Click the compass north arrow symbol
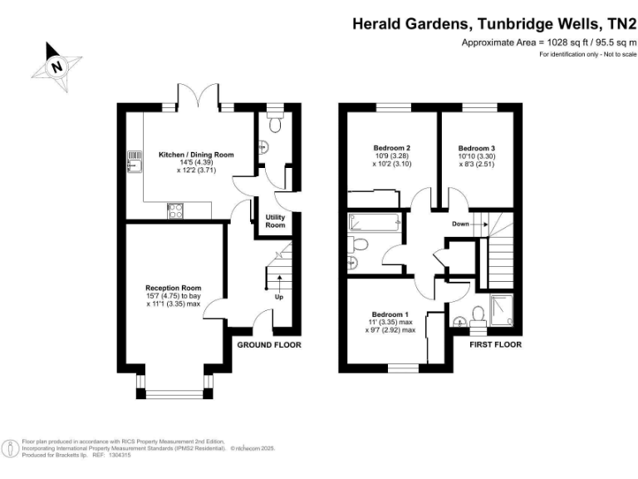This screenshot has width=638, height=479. coord(56,65)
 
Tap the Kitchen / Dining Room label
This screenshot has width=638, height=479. coord(196,155)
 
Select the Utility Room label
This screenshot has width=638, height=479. coord(275,221)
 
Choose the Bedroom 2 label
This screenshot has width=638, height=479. coord(392,149)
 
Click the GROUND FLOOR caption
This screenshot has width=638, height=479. coord(269,344)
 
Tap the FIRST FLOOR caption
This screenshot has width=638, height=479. coord(495,344)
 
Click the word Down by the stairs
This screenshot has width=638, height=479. coord(462,224)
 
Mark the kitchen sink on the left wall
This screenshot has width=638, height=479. coord(131,161)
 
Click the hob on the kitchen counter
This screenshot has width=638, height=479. coord(175,211)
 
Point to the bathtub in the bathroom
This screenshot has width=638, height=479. coord(375,222)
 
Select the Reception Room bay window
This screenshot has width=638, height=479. coord(173,383)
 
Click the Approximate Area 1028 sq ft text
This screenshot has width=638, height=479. coord(548,42)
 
